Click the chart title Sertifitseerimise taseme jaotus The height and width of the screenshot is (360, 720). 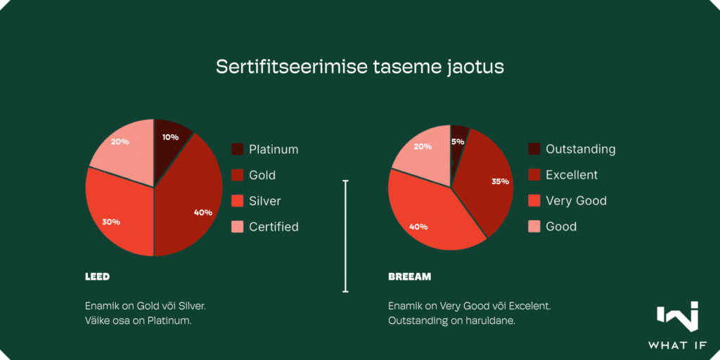pos(360,67)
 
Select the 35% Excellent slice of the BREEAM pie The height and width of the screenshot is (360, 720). pos(487,184)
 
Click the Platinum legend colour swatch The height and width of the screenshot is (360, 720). pos(237,149)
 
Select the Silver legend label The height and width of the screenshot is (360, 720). pos(265,200)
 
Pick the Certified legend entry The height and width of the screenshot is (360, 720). pos(265,226)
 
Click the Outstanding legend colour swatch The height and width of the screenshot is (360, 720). pos(534,149)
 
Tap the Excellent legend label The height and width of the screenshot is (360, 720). pos(572,175)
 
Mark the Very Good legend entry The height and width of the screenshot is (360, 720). pos(567,200)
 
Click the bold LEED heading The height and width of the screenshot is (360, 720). pos(97,277)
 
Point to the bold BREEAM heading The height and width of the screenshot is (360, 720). pos(410,277)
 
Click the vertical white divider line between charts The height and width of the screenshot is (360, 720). pos(346,236)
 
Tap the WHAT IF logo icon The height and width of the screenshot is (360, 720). pos(677,316)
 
